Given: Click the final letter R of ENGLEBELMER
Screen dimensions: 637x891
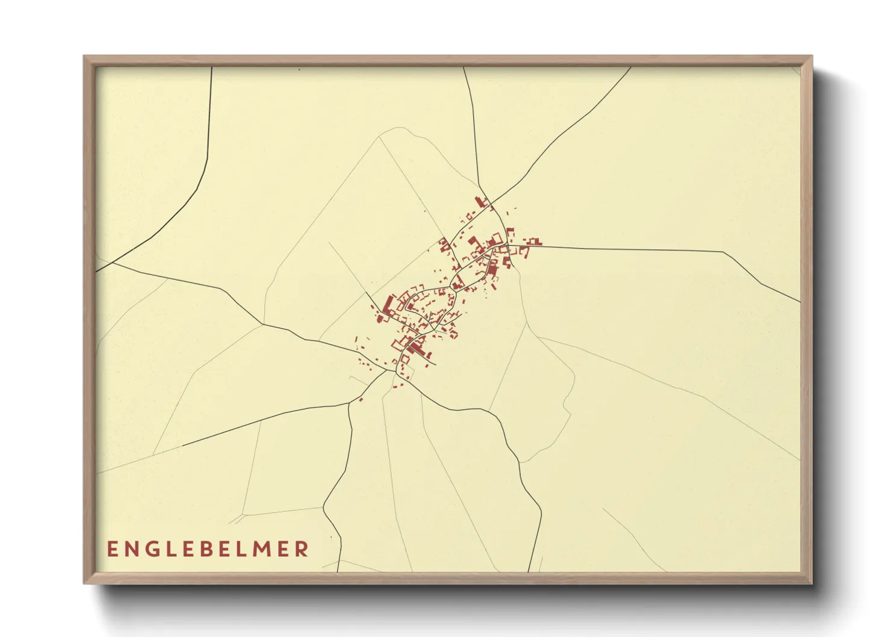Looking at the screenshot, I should [303, 549].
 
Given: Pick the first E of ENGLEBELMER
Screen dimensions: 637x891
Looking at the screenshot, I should [113, 549].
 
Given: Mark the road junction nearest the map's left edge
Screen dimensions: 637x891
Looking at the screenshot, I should [113, 263].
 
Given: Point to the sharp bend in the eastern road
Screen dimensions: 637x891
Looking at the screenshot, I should [722, 251].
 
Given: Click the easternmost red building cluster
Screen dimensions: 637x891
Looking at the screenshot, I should [533, 242].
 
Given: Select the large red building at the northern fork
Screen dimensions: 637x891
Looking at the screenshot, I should [480, 201].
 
